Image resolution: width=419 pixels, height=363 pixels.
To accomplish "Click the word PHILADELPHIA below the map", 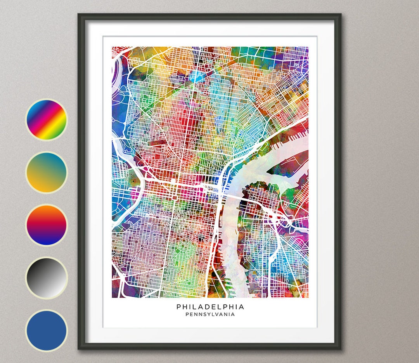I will click(x=210, y=307).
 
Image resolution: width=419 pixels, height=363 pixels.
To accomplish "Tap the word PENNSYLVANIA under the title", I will click(x=210, y=315).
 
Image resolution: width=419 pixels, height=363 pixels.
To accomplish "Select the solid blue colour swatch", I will click(x=47, y=330).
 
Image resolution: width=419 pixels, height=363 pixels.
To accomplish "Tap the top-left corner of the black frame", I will click(x=79, y=15).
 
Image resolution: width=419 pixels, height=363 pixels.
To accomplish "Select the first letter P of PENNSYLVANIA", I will click(x=187, y=315).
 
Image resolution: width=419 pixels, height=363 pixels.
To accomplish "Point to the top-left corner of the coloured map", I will click(x=112, y=47).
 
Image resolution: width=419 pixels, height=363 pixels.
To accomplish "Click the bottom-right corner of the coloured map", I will click(x=308, y=297).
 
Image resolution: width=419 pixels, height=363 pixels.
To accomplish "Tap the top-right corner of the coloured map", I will click(x=308, y=47).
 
